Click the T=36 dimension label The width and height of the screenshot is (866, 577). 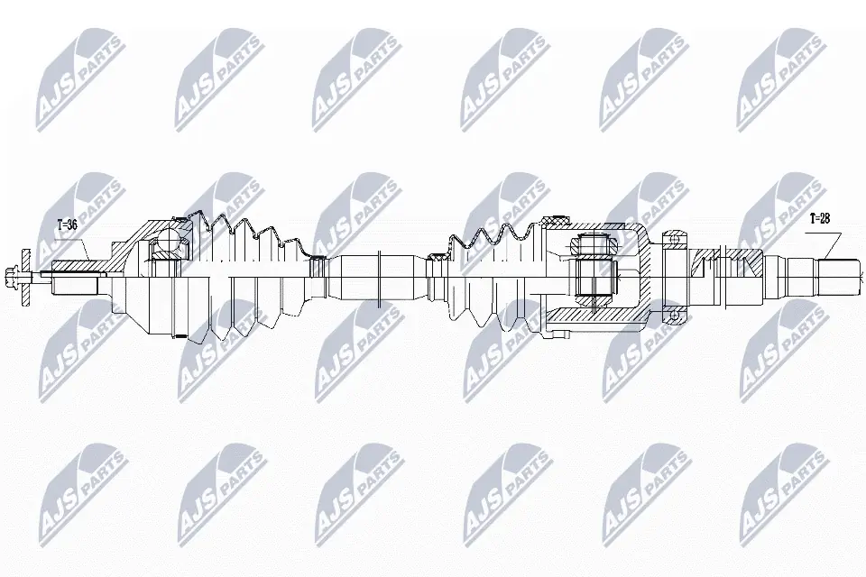[67, 224]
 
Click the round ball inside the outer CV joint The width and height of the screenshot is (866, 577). [170, 241]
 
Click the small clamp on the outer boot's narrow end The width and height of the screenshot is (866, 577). [317, 268]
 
